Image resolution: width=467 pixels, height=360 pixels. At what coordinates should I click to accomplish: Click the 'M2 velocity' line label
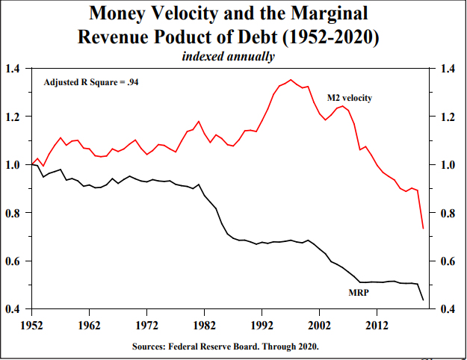(350, 98)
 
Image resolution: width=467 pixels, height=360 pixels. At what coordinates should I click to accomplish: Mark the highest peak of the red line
(291, 80)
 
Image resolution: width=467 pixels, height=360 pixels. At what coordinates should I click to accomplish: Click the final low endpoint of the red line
(423, 228)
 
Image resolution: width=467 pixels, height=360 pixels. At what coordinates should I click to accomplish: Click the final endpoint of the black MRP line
(423, 300)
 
